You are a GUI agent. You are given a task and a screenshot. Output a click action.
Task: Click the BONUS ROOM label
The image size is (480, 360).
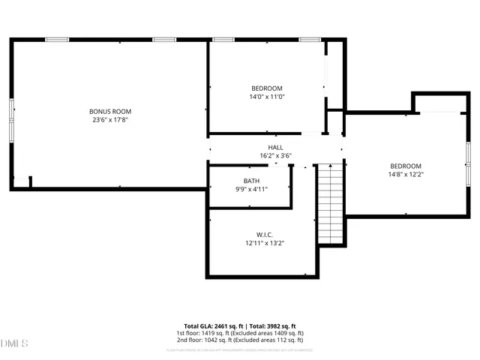(115, 111)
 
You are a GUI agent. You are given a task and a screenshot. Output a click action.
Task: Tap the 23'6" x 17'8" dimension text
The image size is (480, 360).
(115, 119)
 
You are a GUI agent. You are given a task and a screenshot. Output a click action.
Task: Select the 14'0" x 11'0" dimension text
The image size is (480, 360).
(267, 97)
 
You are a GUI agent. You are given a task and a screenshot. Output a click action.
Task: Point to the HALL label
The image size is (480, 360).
(275, 147)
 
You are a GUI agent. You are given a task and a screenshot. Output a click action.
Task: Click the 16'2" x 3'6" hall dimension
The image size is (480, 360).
(275, 156)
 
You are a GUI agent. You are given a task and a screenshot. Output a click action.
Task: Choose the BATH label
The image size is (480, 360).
(251, 181)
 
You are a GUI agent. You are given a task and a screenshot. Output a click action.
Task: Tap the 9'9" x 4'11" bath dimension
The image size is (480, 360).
(251, 189)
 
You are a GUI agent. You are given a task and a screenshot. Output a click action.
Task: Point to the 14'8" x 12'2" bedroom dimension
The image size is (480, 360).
(405, 175)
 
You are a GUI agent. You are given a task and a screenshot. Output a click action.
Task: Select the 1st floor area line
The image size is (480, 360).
(240, 333)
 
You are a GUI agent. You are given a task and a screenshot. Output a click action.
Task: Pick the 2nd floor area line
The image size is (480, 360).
(240, 340)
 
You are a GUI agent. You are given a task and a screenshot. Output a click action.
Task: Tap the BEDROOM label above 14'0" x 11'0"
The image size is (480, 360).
(267, 88)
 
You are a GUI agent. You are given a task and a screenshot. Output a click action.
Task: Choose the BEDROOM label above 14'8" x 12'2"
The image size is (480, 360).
(405, 166)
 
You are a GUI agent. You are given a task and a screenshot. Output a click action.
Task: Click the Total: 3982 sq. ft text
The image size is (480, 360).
(271, 325)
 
